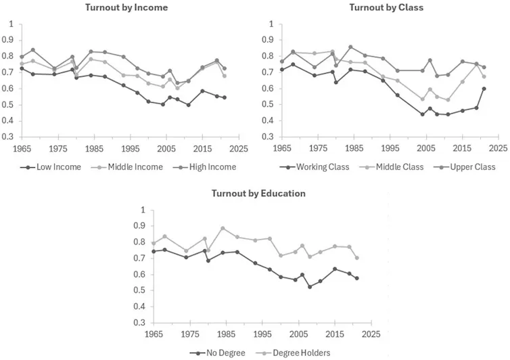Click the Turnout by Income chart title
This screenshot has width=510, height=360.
126,7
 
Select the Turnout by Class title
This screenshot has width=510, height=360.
386,7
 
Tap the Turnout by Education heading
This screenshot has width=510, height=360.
258,194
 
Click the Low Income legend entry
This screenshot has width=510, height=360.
51,167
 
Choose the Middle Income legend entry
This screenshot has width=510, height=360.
127,167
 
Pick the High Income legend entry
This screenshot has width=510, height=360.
205,167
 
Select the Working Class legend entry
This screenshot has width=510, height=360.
315,167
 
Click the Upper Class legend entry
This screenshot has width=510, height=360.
465,167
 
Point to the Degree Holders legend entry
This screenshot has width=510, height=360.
293,353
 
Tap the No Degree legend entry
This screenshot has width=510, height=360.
217,353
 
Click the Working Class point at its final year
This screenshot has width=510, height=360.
484,89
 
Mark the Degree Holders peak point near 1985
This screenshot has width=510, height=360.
223,229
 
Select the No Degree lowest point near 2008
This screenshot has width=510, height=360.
310,287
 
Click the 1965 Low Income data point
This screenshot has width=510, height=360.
22,68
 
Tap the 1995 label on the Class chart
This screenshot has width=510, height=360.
390,148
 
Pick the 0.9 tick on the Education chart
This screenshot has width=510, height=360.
141,226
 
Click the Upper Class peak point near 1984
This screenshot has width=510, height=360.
350,47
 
